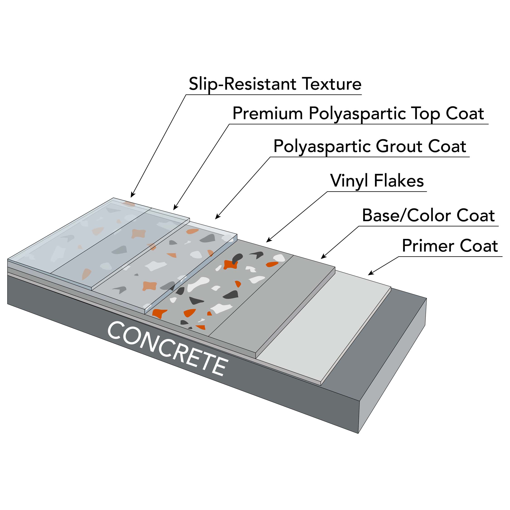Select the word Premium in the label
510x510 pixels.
267,114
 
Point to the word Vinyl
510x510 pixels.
349,181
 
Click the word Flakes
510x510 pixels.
399,181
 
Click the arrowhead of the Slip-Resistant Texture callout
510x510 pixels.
132,196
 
